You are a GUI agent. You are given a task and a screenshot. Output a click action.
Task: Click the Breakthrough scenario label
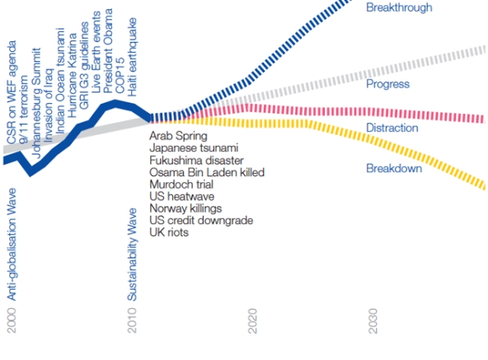click(399, 7)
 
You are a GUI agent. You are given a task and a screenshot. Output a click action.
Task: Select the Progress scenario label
click(387, 84)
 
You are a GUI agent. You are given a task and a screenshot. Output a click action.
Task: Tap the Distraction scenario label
click(392, 128)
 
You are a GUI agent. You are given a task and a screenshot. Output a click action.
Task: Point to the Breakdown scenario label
click(394, 168)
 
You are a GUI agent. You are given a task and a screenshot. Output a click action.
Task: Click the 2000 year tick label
click(12, 320)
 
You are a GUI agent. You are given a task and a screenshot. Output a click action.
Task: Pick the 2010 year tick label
click(132, 320)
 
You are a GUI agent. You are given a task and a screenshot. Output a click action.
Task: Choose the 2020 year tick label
click(252, 320)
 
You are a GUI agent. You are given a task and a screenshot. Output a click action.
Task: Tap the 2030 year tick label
click(373, 320)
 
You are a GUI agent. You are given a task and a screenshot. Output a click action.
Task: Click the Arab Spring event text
click(178, 136)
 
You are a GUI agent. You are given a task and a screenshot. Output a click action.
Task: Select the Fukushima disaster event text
click(196, 161)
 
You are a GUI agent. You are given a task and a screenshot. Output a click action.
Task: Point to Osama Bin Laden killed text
click(207, 172)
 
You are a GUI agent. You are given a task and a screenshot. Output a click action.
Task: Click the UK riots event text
click(169, 232)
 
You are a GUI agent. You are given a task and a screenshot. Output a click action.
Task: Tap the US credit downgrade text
click(201, 221)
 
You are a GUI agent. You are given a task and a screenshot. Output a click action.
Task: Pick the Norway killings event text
click(185, 208)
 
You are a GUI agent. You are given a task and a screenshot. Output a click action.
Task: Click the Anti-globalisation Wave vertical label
click(12, 244)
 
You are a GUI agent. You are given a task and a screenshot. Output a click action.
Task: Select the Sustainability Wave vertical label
click(132, 255)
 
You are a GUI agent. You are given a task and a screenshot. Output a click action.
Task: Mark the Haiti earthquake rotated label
click(132, 57)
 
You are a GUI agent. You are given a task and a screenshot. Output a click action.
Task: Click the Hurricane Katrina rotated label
click(72, 76)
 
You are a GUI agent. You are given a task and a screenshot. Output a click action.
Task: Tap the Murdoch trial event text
click(181, 185)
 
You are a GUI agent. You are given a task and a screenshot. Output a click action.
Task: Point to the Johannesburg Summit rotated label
click(36, 103)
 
